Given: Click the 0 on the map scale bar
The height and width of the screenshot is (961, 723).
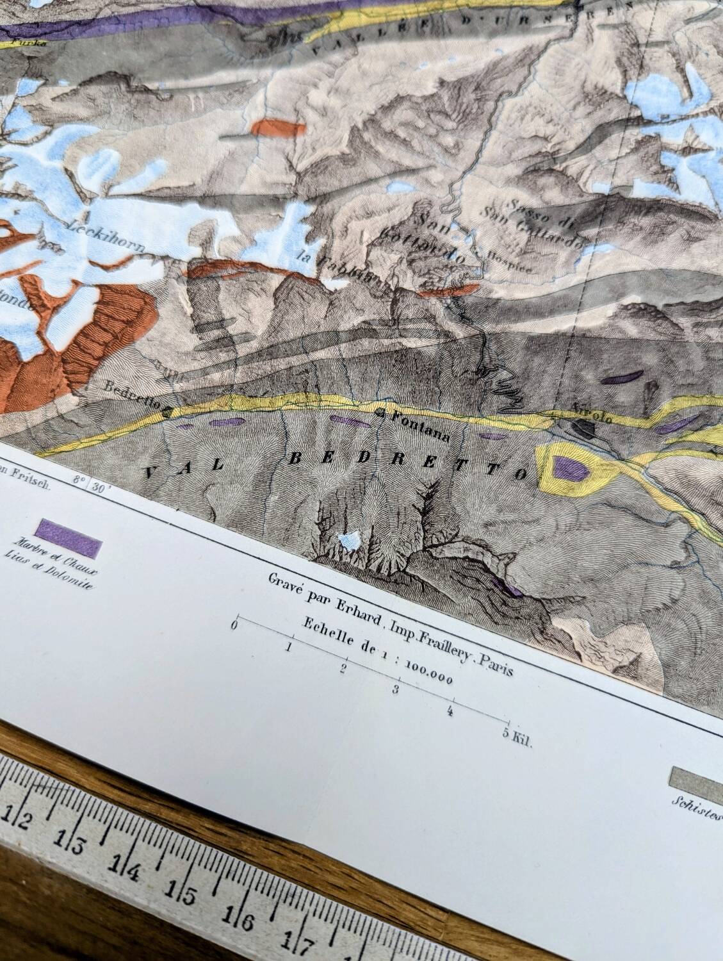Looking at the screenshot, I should click(236, 624).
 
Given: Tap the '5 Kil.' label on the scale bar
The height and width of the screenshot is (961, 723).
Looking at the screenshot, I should click(517, 740).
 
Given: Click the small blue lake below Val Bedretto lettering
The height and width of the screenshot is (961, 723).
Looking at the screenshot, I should click(349, 540).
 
